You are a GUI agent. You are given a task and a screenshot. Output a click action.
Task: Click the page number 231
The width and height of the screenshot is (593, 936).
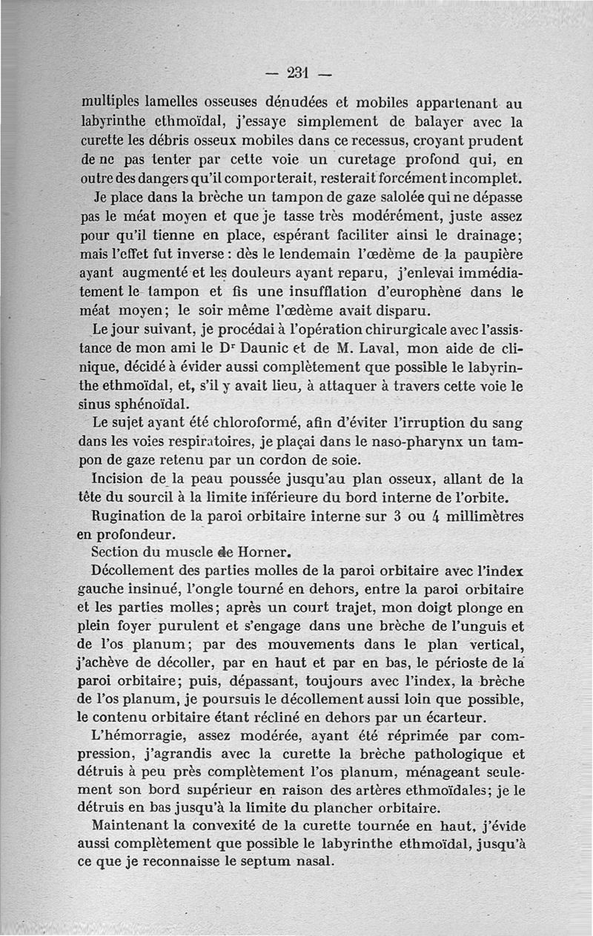click(297, 73)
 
